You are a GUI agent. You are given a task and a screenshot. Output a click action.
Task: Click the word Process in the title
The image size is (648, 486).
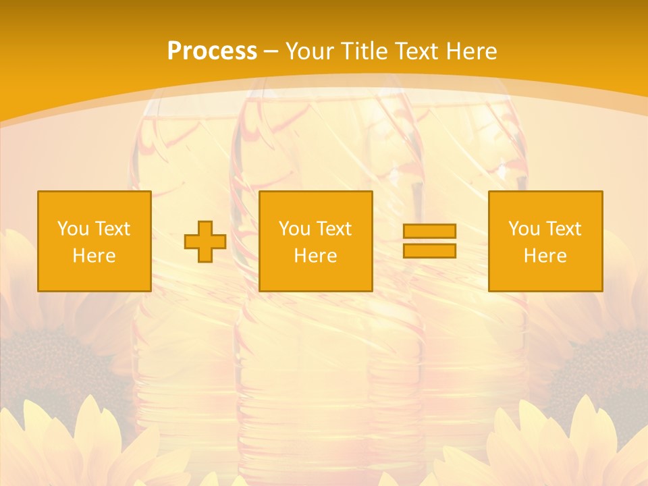pos(212,51)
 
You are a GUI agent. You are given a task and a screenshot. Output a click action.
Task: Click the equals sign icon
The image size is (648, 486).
pos(429,241)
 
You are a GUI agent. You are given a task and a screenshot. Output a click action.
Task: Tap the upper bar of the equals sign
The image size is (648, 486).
pos(429,232)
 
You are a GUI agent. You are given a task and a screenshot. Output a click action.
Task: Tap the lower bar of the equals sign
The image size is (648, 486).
pos(429,250)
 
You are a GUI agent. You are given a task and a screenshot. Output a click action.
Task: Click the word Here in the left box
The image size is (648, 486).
pos(94,256)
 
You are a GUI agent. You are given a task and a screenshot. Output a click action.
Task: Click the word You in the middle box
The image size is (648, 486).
pos(294,229)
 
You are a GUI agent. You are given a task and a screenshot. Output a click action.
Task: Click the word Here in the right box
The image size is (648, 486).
pos(545,256)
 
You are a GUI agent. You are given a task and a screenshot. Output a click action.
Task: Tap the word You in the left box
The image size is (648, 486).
pos(73,229)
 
